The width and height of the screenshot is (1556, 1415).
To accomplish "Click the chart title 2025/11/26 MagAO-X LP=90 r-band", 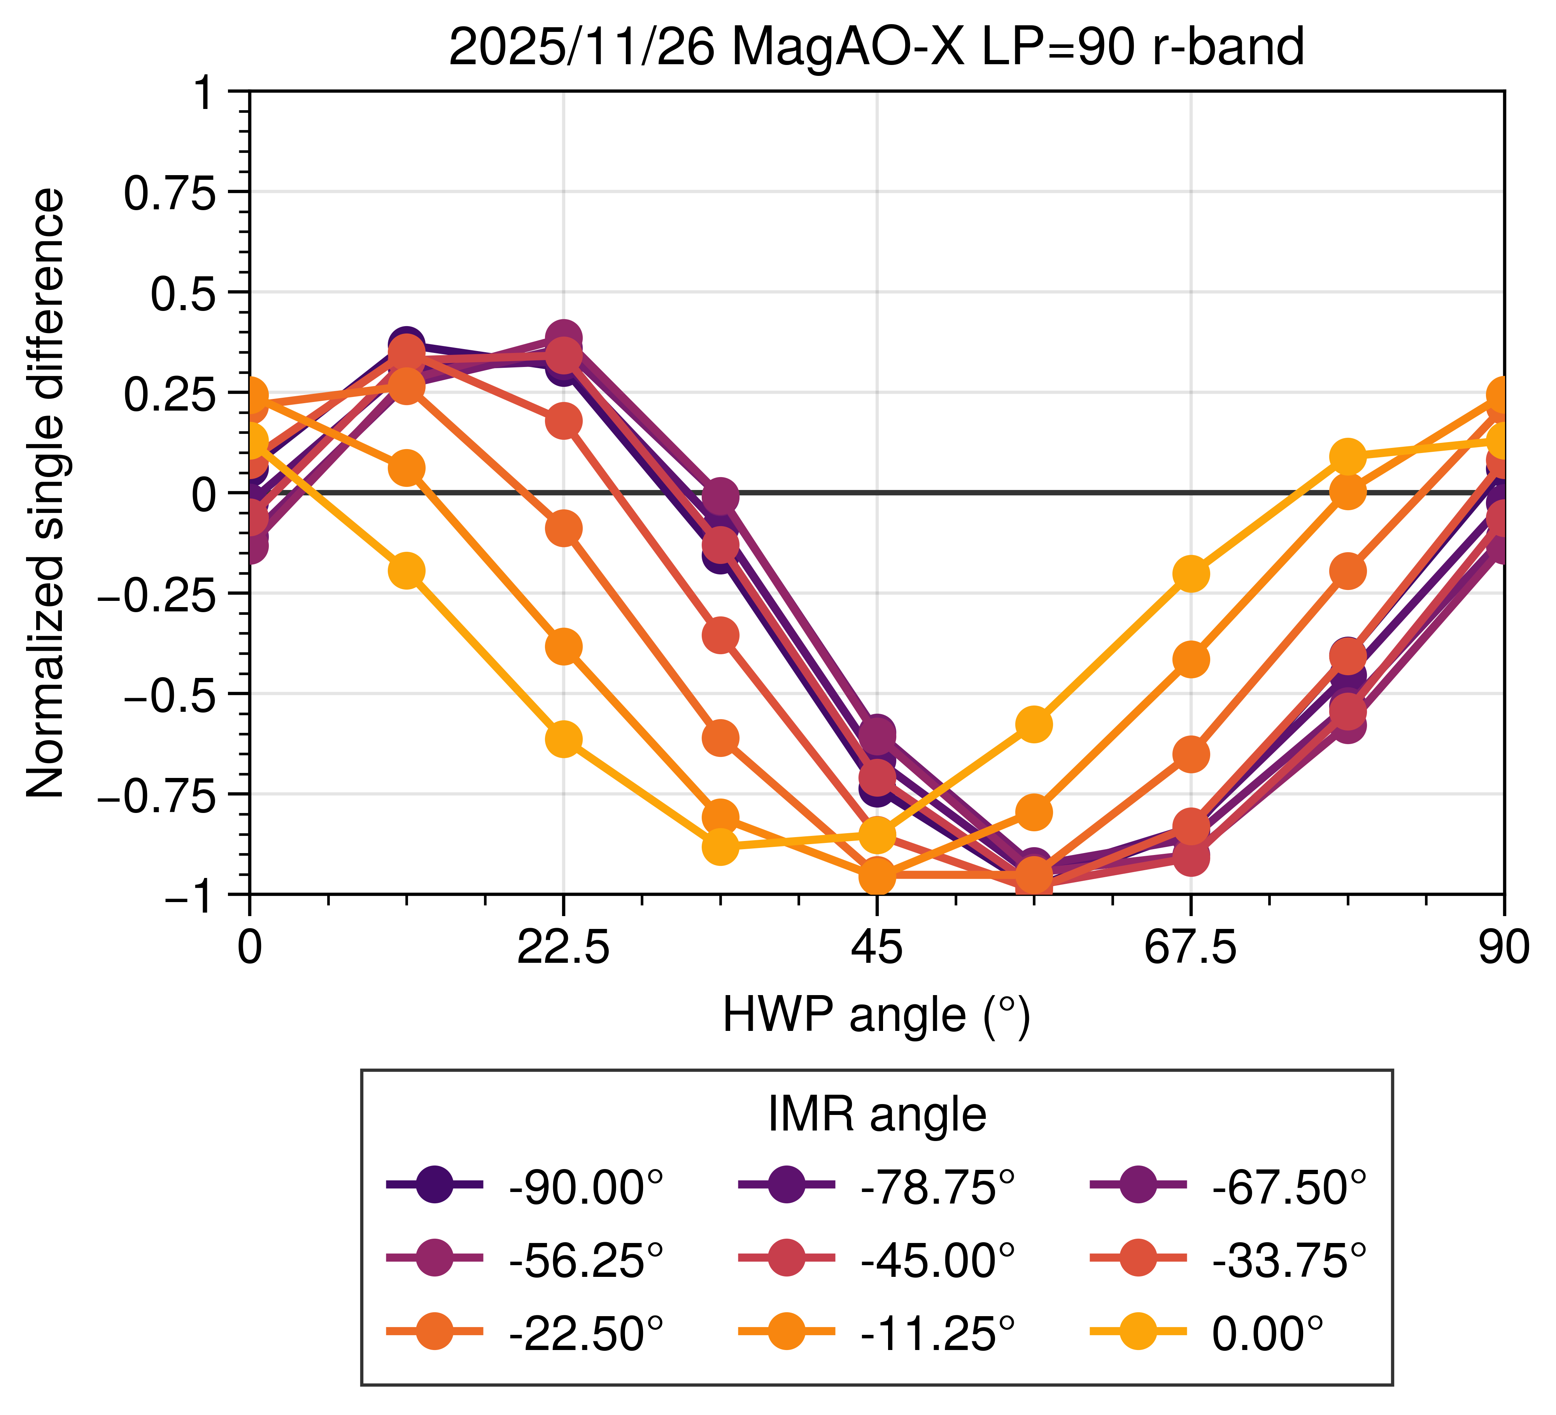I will [x=876, y=48].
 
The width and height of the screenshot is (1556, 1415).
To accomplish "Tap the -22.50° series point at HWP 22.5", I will [x=563, y=529].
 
